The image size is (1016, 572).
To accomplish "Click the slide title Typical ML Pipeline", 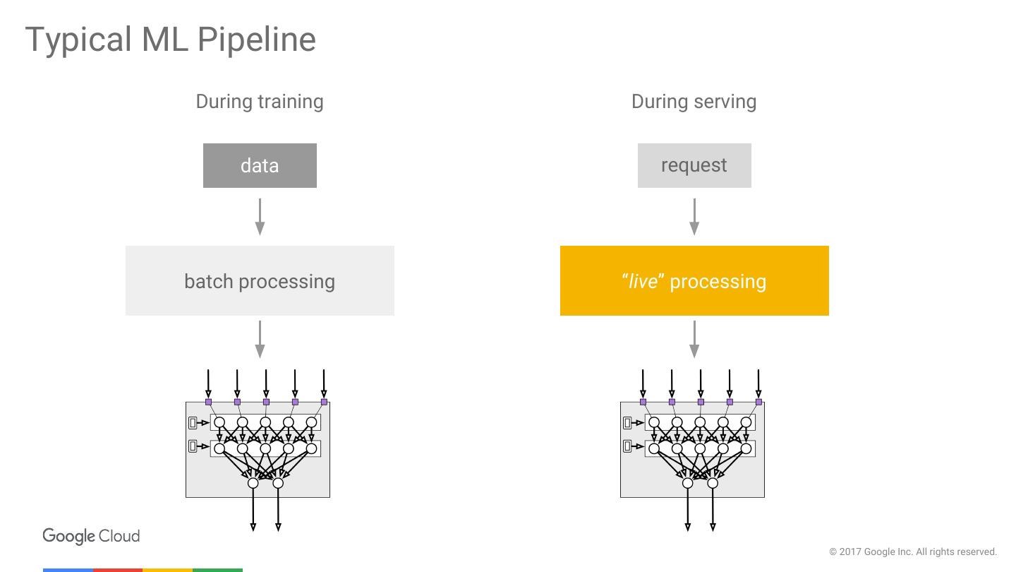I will pyautogui.click(x=170, y=40).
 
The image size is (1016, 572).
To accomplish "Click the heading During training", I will pyautogui.click(x=260, y=102).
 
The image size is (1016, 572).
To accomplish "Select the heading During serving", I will pyautogui.click(x=694, y=102).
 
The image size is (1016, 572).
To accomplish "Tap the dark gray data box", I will pyautogui.click(x=260, y=166).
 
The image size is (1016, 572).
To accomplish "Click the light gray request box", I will pyautogui.click(x=694, y=166).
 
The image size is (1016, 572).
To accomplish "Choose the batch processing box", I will pyautogui.click(x=260, y=281).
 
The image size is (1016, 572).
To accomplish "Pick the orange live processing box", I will pyautogui.click(x=694, y=281).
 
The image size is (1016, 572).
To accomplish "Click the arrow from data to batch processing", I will pyautogui.click(x=260, y=216).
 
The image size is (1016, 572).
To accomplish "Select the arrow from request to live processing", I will pyautogui.click(x=694, y=216).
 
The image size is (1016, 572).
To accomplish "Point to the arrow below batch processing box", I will pyautogui.click(x=260, y=339).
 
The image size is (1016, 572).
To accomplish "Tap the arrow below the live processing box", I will pyautogui.click(x=694, y=339).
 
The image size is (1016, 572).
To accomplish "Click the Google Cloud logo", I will pyautogui.click(x=91, y=536).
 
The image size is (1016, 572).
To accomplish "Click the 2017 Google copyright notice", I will pyautogui.click(x=913, y=552).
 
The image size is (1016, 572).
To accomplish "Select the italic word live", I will pyautogui.click(x=643, y=282).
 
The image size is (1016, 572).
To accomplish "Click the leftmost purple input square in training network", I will pyautogui.click(x=208, y=402).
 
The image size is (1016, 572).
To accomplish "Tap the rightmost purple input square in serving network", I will pyautogui.click(x=758, y=402).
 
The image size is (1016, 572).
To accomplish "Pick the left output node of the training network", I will pyautogui.click(x=253, y=483).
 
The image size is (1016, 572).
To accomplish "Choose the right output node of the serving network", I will pyautogui.click(x=713, y=483).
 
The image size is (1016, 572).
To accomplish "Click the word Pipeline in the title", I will pyautogui.click(x=256, y=40).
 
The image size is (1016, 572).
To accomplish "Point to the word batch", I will pyautogui.click(x=209, y=281).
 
